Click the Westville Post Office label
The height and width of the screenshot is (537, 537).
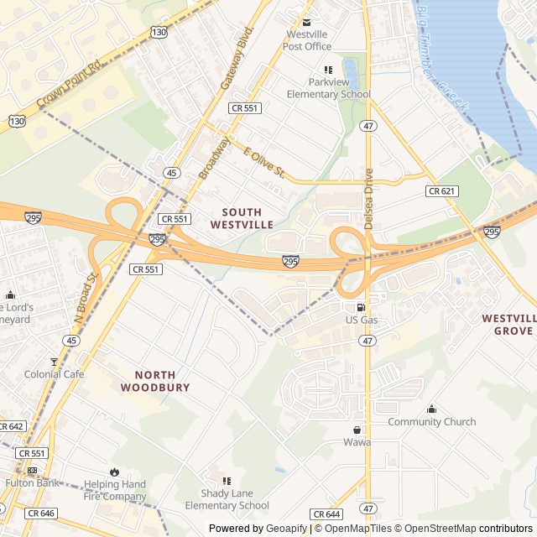[x=308, y=40]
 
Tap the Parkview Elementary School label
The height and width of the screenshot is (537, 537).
[x=328, y=88]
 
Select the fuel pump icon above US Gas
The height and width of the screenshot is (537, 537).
[x=362, y=307]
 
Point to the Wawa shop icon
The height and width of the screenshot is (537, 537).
[x=357, y=430]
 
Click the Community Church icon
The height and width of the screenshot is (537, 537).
[x=431, y=409]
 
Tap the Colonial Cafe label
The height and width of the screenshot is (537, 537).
[x=54, y=374]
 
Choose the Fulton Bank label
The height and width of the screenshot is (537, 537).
[x=31, y=482]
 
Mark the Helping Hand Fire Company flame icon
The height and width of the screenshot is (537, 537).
[x=114, y=472]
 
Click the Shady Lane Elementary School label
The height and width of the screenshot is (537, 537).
[x=227, y=499]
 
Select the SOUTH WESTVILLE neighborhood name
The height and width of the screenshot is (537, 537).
[x=242, y=219]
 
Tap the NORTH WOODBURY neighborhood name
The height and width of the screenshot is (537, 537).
[x=148, y=381]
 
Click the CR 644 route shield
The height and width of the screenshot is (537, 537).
[x=326, y=514]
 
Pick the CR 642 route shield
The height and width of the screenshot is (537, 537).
[x=11, y=426]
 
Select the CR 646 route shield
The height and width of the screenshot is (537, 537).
[x=40, y=513]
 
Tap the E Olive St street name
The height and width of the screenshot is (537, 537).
[x=264, y=164]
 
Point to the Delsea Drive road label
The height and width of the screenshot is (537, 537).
[x=368, y=188]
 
